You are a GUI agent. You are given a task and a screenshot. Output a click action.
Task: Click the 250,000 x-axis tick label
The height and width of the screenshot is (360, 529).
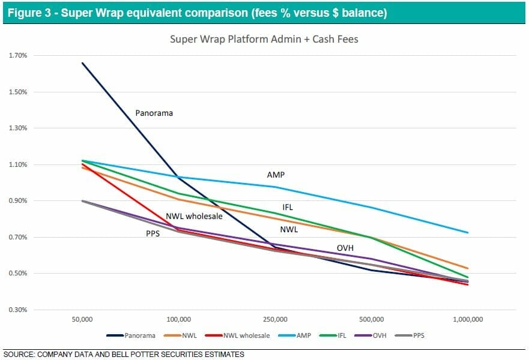[276, 319]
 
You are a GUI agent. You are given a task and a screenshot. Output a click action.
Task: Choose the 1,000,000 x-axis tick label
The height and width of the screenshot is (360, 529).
[468, 319]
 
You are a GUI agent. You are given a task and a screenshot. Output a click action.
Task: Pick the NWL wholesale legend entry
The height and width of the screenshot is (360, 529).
[246, 336]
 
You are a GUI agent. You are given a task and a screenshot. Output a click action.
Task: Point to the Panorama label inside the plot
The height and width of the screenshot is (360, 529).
[154, 112]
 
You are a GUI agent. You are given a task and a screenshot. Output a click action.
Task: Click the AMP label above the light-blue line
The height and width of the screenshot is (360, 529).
[276, 175]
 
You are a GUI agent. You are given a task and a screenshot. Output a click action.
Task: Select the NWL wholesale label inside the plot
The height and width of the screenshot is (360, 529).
[194, 216]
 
